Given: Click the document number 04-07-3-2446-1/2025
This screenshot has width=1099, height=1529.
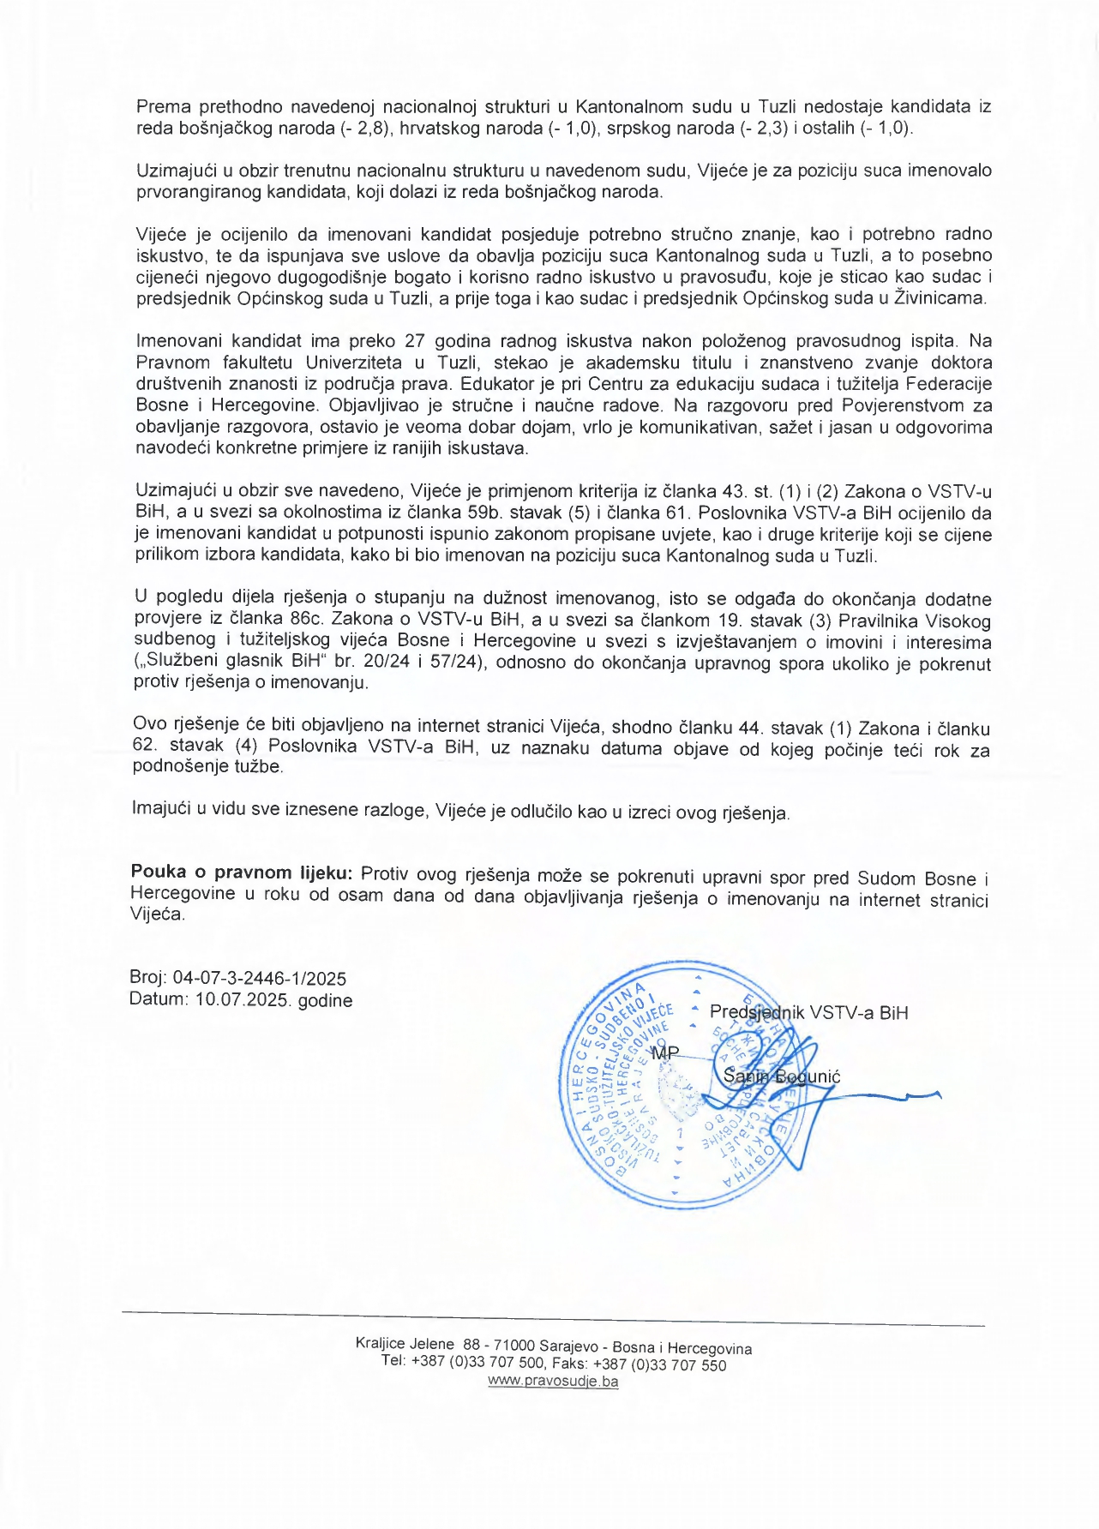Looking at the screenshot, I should (260, 978).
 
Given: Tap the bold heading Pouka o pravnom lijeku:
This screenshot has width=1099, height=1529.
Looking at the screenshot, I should (241, 872).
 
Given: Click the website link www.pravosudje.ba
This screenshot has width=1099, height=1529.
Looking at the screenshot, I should (553, 1381).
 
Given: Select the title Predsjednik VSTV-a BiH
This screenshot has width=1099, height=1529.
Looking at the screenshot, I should (808, 1012).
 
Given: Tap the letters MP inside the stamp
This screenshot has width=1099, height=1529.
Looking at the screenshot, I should (665, 1052).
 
